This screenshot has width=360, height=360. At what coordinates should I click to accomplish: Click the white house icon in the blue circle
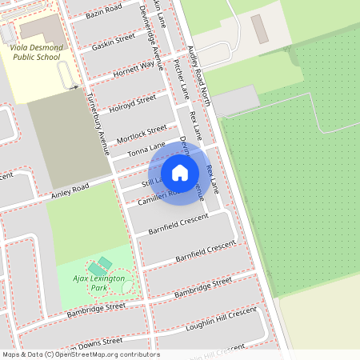(180, 172)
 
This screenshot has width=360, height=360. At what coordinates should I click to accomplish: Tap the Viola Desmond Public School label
(34, 53)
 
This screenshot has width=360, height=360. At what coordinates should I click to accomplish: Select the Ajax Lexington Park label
(99, 282)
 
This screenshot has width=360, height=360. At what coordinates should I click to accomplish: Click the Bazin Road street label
(104, 10)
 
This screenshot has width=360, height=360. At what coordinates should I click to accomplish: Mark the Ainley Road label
(70, 192)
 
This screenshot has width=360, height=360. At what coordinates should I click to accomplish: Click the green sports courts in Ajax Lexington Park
(101, 265)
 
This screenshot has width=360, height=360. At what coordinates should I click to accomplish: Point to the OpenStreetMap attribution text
(81, 354)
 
